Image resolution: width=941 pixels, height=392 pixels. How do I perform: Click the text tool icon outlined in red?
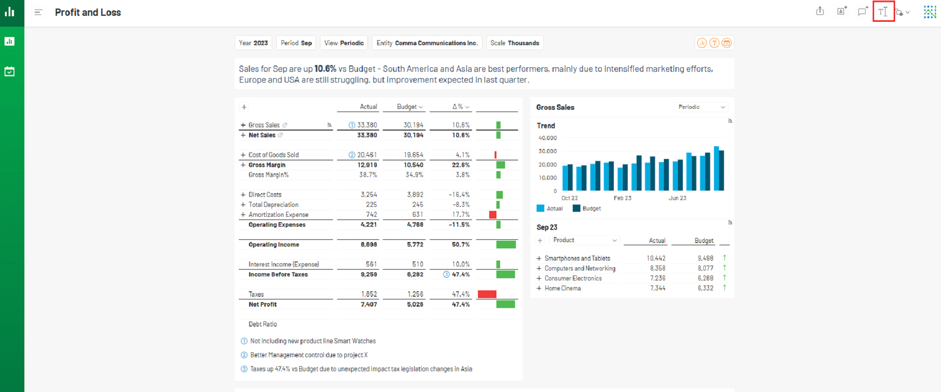click(883, 12)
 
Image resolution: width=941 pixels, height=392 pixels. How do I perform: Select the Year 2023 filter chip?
click(253, 43)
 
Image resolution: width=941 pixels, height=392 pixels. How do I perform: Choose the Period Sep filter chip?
click(296, 43)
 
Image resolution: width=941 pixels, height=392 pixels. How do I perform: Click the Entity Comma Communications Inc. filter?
click(427, 43)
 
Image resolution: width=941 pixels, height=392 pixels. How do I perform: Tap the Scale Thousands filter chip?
click(515, 43)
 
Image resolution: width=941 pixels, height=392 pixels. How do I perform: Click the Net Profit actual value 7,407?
click(369, 304)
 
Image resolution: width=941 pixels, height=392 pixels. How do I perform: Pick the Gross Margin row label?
click(267, 165)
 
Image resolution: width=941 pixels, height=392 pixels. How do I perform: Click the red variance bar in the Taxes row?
click(487, 294)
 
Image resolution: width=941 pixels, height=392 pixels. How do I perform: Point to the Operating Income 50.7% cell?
click(461, 244)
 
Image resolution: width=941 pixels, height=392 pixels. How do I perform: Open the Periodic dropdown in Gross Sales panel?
click(701, 107)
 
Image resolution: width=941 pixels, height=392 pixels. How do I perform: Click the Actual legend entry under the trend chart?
click(550, 208)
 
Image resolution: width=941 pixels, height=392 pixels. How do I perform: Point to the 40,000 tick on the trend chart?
click(547, 138)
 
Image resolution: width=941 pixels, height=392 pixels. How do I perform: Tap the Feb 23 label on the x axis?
click(622, 198)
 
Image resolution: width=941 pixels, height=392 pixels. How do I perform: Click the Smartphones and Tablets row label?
click(577, 258)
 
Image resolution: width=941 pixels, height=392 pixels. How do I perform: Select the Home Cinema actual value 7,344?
click(658, 288)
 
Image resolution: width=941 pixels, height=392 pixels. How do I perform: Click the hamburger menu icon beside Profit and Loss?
click(38, 12)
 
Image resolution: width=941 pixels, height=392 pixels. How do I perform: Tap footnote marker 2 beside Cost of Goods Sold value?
click(352, 155)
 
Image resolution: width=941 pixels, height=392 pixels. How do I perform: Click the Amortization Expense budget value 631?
click(417, 215)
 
